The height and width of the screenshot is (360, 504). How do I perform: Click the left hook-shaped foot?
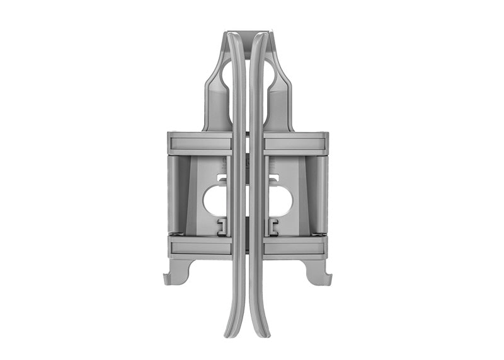175,272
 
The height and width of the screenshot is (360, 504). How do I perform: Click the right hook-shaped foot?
319,272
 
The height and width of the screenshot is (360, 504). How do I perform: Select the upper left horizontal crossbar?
198,143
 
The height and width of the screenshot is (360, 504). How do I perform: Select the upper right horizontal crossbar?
296,143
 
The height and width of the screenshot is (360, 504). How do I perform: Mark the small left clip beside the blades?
222,228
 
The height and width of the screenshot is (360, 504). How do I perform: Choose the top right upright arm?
281,95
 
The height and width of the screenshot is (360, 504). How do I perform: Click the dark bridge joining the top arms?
248,32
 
